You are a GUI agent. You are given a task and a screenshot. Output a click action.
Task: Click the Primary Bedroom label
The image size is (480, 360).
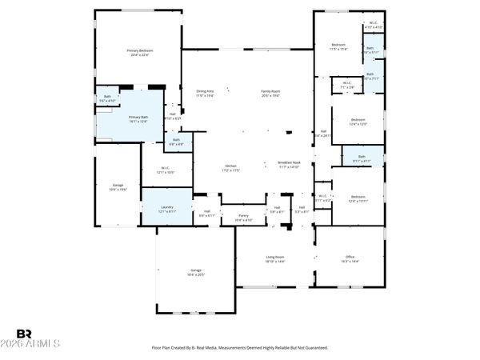[x=139, y=50]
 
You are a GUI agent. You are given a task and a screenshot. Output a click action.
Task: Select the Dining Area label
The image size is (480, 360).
[x=205, y=91]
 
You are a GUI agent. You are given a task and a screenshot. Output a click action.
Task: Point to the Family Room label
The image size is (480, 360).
[x=270, y=91]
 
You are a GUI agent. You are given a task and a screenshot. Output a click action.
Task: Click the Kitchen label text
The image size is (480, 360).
[x=231, y=166]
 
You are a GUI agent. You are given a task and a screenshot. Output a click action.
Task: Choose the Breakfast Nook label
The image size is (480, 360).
[x=289, y=162]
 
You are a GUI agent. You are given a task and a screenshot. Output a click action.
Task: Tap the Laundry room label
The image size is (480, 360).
[x=167, y=206]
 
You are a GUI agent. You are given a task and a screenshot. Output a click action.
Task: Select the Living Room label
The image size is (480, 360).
[x=275, y=257]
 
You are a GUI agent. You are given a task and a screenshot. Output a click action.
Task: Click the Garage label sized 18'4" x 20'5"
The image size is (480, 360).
[x=195, y=270]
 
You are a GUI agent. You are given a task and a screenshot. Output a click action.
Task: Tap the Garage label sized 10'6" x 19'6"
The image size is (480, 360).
[x=118, y=186]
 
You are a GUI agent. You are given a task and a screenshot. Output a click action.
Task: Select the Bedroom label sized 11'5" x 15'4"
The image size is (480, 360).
[x=338, y=45]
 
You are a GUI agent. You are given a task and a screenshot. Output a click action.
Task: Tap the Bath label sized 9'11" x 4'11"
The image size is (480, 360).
[x=362, y=157]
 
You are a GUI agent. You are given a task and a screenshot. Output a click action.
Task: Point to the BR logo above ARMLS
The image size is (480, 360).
[x=25, y=333]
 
